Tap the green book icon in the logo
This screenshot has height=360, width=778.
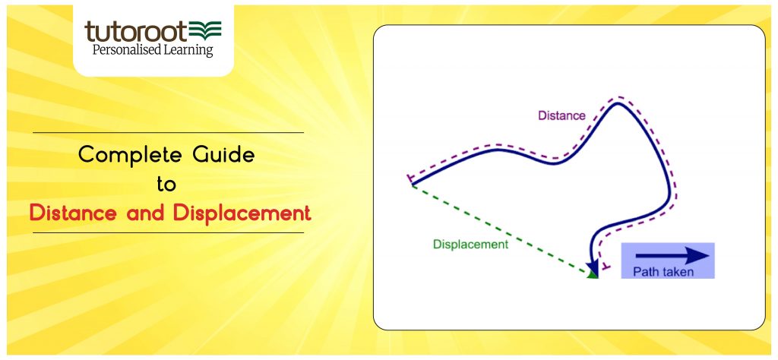coord(205,31)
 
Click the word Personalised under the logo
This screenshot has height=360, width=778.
coord(125,50)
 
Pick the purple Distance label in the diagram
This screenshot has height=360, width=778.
coord(561,115)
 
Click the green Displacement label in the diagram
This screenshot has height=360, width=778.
coord(470,245)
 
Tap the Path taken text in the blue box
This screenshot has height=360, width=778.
coord(663,272)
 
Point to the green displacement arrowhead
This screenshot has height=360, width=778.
coord(593,273)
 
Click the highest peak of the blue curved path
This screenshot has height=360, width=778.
coord(619,103)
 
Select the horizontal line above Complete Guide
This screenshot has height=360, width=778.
coord(168,133)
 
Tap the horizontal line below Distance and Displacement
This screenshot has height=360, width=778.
coord(168,232)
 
